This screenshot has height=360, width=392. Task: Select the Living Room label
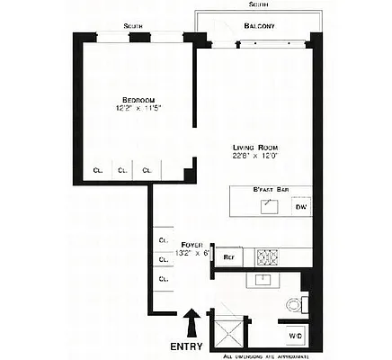pos(254,148)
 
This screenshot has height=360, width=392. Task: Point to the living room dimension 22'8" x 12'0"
pos(254,157)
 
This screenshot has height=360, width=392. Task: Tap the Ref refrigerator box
pos(228,256)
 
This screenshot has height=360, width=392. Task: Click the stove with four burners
pos(268,256)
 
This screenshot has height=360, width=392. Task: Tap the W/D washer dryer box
pos(296,337)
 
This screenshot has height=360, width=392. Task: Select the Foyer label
pos(192,244)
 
